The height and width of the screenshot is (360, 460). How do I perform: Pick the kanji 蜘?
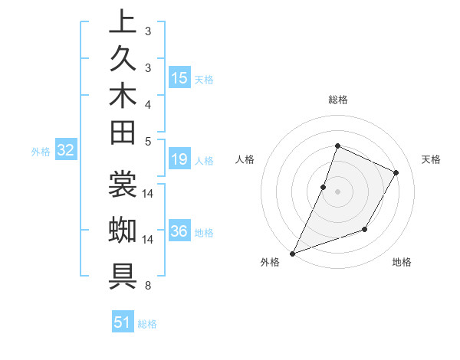click(x=123, y=230)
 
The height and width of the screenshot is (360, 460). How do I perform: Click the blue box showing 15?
click(x=179, y=77)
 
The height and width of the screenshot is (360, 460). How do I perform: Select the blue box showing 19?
click(x=179, y=160)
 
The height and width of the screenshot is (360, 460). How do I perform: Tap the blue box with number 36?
click(x=179, y=231)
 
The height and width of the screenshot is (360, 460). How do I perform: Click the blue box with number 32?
click(x=66, y=151)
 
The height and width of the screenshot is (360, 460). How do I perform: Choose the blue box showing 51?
click(x=123, y=322)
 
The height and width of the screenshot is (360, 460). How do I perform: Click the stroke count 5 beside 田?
click(x=148, y=141)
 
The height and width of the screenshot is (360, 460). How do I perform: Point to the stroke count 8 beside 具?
click(x=148, y=286)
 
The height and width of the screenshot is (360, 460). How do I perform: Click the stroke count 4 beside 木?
click(x=148, y=103)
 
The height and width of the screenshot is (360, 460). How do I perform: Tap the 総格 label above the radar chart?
click(x=338, y=100)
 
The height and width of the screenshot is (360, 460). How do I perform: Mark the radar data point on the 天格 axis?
click(x=396, y=172)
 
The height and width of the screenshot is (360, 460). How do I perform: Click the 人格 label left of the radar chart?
click(x=245, y=159)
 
